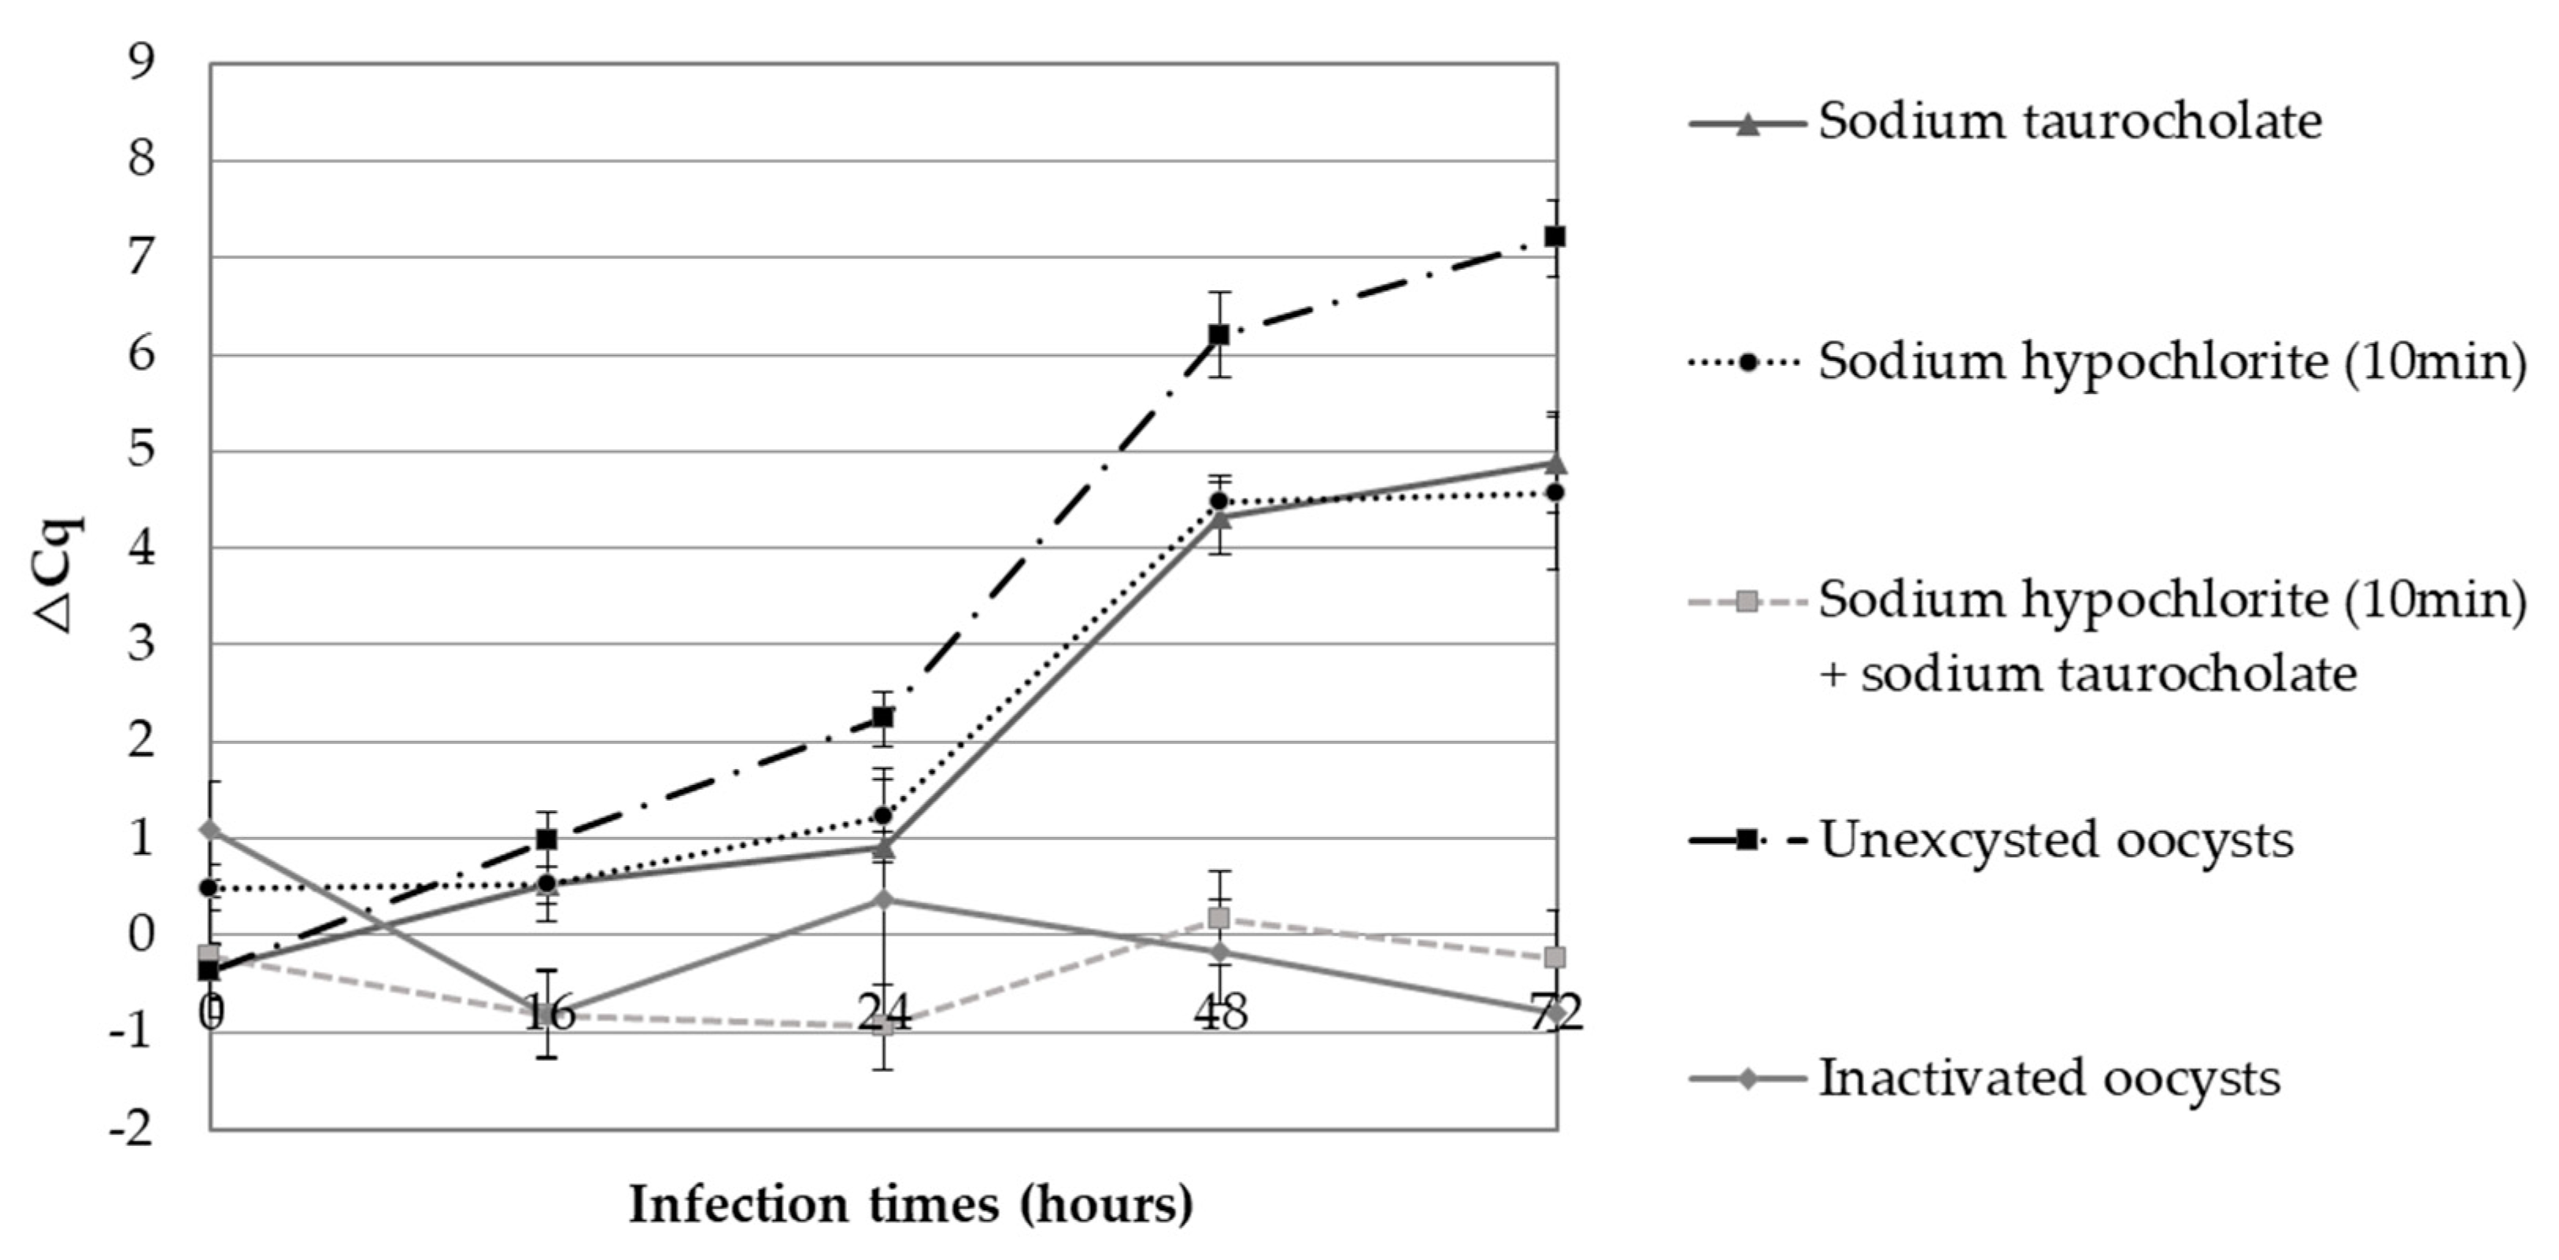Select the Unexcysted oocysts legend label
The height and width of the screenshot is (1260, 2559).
pyautogui.click(x=2055, y=840)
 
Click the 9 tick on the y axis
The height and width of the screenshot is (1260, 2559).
pyautogui.click(x=142, y=63)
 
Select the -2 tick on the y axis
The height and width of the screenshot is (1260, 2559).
pyautogui.click(x=132, y=1129)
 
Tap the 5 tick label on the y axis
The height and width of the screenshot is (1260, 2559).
pyautogui.click(x=142, y=451)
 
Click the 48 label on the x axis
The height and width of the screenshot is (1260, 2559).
pyautogui.click(x=1220, y=1014)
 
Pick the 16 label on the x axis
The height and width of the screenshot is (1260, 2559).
pyautogui.click(x=549, y=1014)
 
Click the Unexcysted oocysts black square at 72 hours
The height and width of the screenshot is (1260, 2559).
pyautogui.click(x=1555, y=236)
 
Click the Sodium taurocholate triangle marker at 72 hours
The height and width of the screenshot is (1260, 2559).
pyautogui.click(x=1555, y=464)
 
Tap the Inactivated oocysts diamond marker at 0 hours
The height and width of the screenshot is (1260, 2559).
pyautogui.click(x=209, y=829)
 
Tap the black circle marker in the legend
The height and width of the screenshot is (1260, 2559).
pyautogui.click(x=1747, y=363)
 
